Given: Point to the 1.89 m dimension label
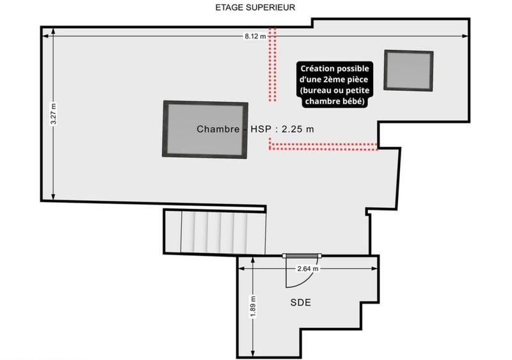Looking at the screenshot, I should [253, 307].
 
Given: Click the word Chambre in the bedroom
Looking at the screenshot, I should [218, 129].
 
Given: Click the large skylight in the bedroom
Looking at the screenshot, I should [205, 129].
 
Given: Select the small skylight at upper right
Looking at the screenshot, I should [408, 70].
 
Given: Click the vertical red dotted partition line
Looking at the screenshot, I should [273, 64].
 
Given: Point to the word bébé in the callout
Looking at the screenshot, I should [352, 101].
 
